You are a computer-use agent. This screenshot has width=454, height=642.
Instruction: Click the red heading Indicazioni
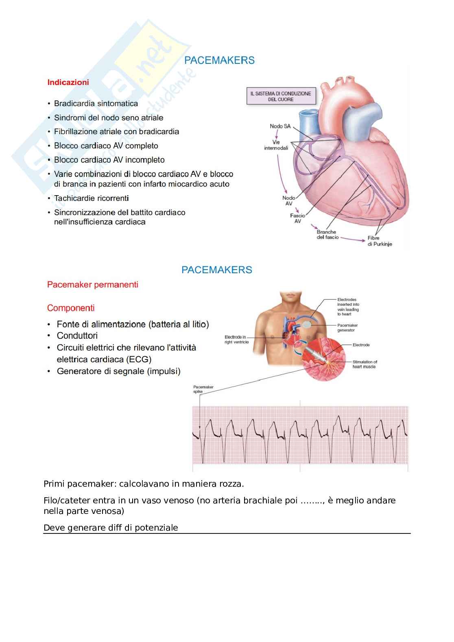coord(68,83)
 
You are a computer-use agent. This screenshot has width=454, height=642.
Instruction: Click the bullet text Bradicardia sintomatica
coord(96,104)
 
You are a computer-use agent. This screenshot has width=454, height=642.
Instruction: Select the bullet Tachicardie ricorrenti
coord(92,198)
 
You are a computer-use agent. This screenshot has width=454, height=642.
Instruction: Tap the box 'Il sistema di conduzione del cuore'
coord(281,96)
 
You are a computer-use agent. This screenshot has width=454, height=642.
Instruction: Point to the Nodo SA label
coord(280,126)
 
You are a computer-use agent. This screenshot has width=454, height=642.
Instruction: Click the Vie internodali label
coord(276,145)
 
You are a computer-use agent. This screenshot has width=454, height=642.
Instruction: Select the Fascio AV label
coord(297,218)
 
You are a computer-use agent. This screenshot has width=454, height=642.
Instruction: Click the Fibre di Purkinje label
coord(379,241)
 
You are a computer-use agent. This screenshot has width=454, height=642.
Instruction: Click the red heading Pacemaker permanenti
coord(93,285)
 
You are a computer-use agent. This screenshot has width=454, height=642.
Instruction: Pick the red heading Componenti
coord(71,308)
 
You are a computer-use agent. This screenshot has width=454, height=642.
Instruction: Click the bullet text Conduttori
coord(77,336)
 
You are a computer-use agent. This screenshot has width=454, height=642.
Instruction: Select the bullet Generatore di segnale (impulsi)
coord(118,371)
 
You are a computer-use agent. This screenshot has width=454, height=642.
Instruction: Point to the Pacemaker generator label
coord(347,328)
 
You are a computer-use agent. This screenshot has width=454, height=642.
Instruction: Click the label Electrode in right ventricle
coord(236,339)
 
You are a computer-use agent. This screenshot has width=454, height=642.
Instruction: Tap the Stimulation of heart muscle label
coord(365,364)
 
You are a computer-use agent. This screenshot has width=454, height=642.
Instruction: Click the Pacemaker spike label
coord(203,389)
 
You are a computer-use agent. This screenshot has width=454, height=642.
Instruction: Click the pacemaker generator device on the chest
coord(310,324)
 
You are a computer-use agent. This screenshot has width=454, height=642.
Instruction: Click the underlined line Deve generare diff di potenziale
coord(111,528)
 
